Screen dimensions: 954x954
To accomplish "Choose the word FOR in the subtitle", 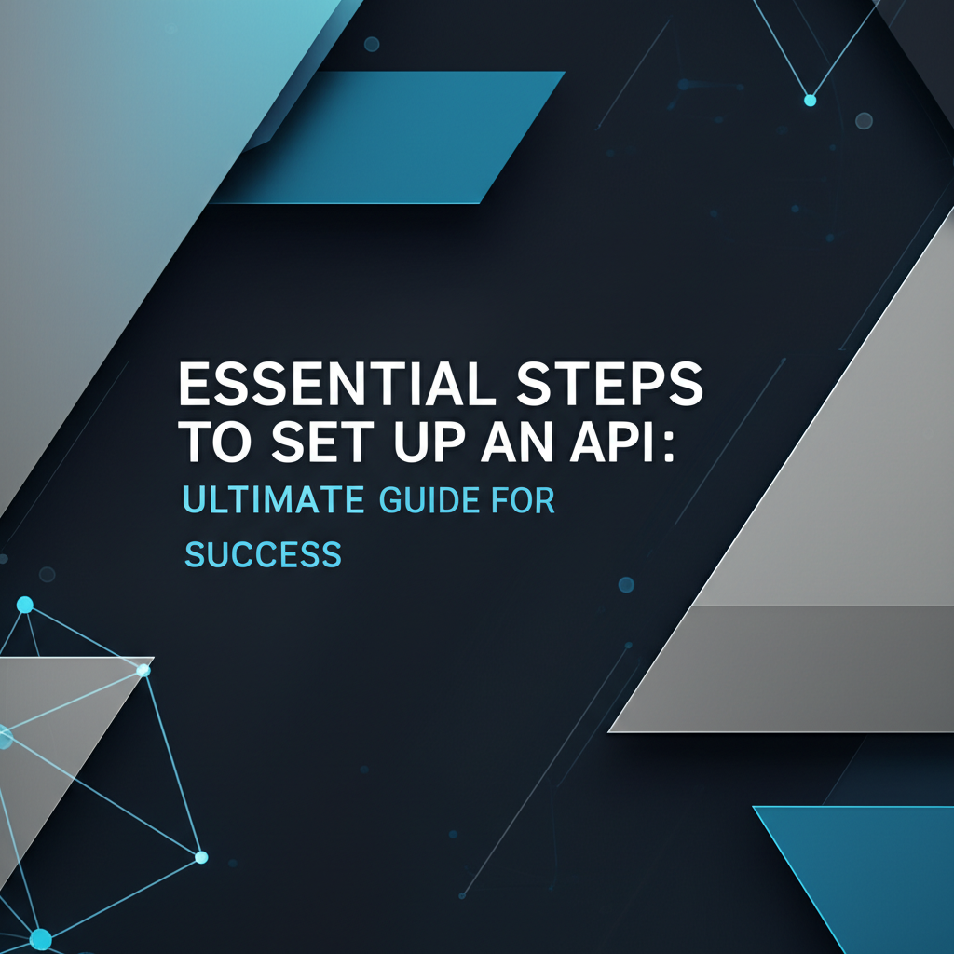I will pyautogui.click(x=524, y=500).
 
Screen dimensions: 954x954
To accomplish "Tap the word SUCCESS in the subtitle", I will pyautogui.click(x=264, y=555).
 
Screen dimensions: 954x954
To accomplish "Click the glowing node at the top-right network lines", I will pyautogui.click(x=810, y=99).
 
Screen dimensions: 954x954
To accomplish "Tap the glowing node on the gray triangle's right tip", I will pyautogui.click(x=143, y=670).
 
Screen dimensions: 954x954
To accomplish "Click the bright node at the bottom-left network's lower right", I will pyautogui.click(x=200, y=857).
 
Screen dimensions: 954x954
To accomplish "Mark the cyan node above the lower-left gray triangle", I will pyautogui.click(x=25, y=606).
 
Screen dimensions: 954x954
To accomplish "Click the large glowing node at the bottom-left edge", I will pyautogui.click(x=40, y=938).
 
